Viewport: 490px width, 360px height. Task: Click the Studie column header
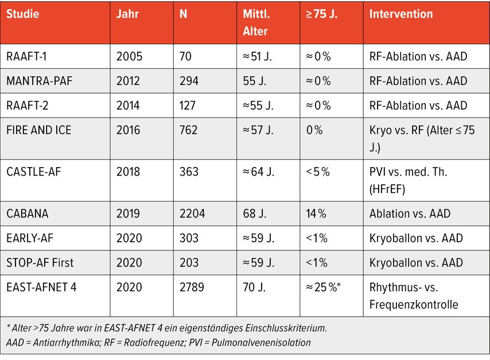[23, 14]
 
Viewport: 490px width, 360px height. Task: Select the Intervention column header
[401, 14]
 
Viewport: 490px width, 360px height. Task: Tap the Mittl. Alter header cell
[256, 22]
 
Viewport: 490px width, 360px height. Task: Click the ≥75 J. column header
[321, 14]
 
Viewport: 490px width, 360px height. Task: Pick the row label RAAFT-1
[26, 56]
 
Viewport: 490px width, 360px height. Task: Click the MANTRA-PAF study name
[40, 81]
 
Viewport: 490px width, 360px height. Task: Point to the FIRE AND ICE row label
[39, 130]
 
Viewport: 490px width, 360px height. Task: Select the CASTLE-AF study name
[33, 172]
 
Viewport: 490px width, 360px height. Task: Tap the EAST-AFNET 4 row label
[41, 287]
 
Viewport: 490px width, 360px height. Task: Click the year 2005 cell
[129, 56]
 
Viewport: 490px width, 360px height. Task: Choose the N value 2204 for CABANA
[192, 214]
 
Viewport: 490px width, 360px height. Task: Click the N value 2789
[192, 287]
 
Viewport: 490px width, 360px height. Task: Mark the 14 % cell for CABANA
[316, 214]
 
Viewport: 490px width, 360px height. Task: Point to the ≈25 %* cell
[323, 287]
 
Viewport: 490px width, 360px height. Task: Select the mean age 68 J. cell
[254, 214]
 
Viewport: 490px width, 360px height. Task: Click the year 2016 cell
[128, 130]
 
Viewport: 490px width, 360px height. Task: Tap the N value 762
[188, 130]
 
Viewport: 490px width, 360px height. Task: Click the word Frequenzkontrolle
[414, 304]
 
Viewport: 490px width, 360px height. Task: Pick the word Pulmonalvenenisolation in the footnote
[261, 342]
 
